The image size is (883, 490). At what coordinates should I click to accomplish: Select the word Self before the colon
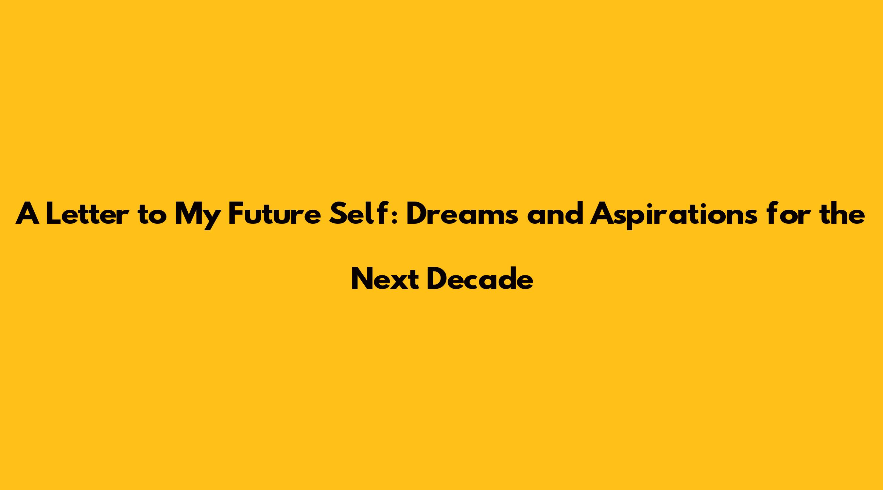[359, 213]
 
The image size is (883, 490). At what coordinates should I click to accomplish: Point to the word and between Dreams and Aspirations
[555, 214]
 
